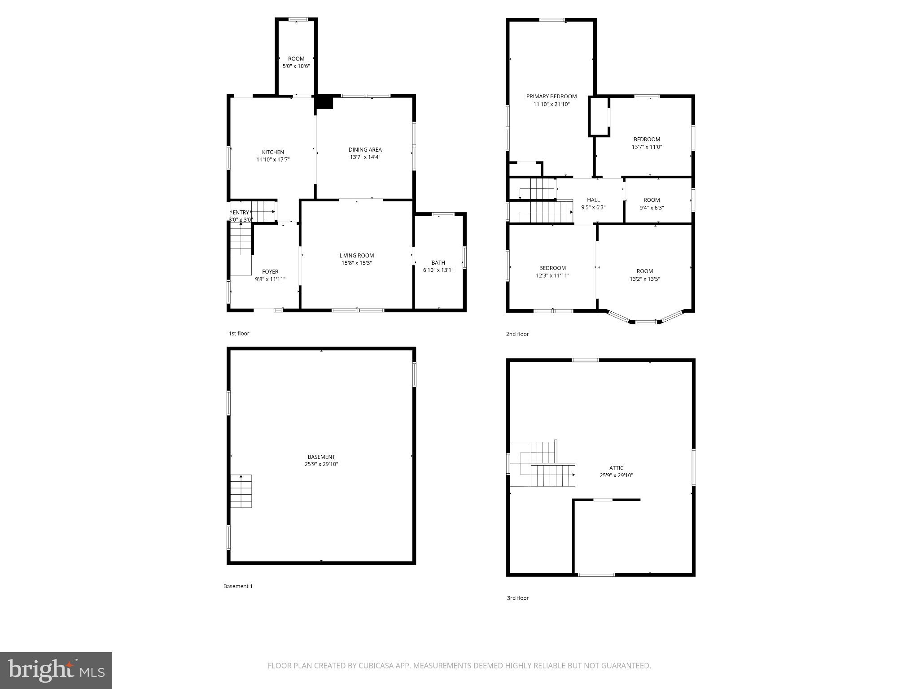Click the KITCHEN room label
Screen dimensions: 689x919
coord(273,152)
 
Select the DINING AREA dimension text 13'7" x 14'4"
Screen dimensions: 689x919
coord(365,157)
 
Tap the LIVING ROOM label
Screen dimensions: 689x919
coord(356,256)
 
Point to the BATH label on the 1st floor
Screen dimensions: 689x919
coord(438,263)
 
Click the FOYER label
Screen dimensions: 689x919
coord(270,271)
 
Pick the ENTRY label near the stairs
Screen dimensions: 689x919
coord(241,213)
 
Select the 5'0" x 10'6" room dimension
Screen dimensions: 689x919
coord(296,66)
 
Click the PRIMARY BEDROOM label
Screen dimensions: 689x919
coord(551,96)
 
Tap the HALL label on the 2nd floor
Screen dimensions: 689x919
coord(593,200)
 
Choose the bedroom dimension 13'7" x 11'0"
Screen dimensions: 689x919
coord(647,147)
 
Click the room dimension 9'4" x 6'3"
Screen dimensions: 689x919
coord(651,208)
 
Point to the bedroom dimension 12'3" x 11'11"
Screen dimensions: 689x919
coord(552,276)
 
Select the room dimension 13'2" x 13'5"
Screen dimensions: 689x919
coord(644,279)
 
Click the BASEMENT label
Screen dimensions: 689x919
coord(321,457)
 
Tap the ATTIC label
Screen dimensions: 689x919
coord(616,468)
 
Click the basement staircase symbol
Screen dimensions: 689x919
coord(241,491)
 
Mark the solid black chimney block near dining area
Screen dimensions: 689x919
coord(324,102)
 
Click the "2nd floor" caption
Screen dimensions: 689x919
coord(517,334)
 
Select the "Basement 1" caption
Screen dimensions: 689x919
coord(238,586)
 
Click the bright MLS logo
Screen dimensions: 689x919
coord(56,670)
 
